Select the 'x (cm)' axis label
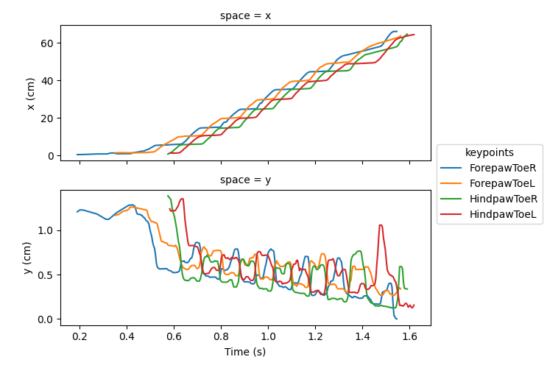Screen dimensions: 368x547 pyautogui.click(x=31, y=93)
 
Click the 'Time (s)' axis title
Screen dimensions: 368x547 pyautogui.click(x=245, y=353)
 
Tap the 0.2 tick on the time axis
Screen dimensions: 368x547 pyautogui.click(x=80, y=336)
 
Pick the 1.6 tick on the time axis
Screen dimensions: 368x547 pyautogui.click(x=409, y=336)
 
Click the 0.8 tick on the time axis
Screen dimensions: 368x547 pyautogui.click(x=221, y=336)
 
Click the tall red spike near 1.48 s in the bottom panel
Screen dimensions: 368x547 pyautogui.click(x=381, y=225)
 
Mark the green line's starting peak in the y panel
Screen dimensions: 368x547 pyautogui.click(x=169, y=196)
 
